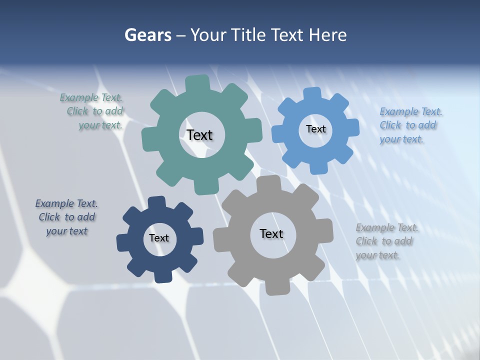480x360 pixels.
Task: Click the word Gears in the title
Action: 148,35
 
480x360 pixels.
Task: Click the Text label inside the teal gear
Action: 199,135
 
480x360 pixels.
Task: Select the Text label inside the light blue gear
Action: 315,129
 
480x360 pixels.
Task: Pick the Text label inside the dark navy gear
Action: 159,238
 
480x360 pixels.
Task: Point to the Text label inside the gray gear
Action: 271,233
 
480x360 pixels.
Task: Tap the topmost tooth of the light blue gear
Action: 312,94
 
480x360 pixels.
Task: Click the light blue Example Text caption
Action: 410,125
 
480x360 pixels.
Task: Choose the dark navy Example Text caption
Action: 66,217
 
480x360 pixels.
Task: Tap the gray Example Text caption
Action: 386,241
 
